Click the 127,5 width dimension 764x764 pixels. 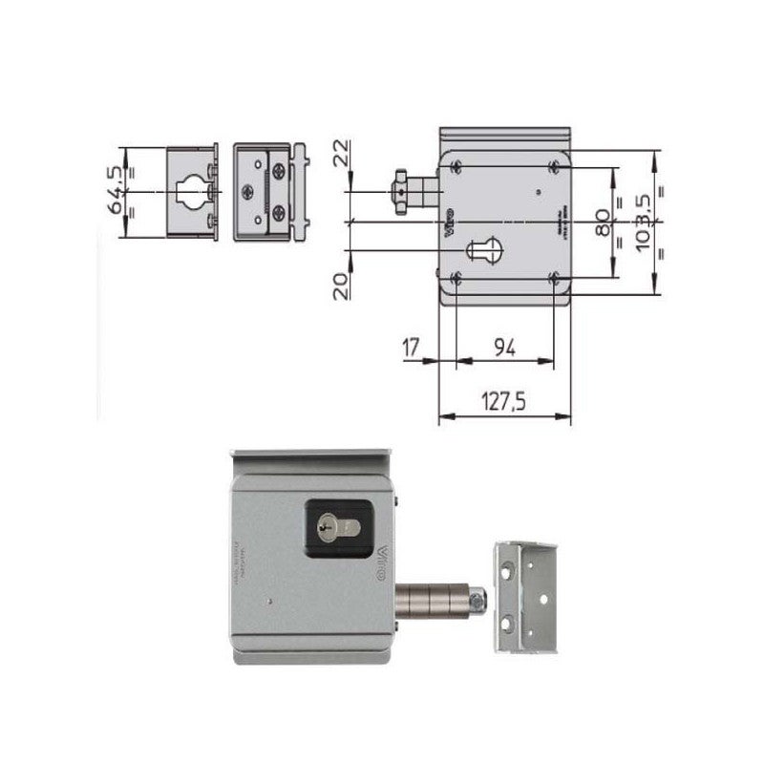click(503, 402)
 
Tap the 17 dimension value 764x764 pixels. click(412, 348)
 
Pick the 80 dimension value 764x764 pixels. click(602, 223)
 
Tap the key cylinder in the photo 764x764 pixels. click(333, 524)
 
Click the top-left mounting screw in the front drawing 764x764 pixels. click(456, 166)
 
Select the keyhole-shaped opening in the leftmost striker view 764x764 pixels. click(193, 191)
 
